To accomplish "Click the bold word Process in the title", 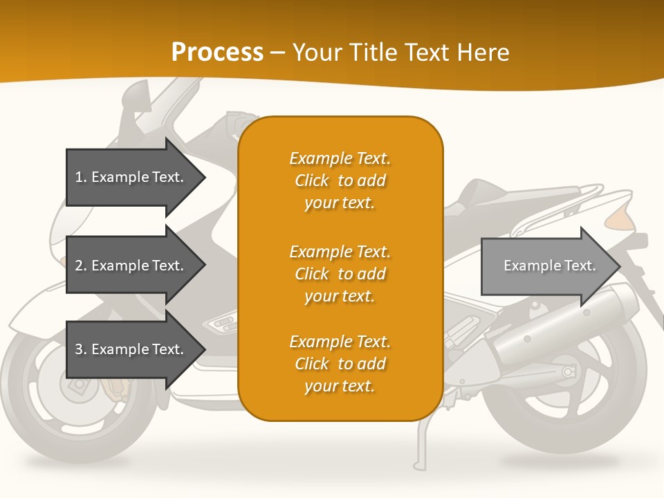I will pyautogui.click(x=217, y=53).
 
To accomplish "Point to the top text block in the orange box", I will pyautogui.click(x=340, y=181).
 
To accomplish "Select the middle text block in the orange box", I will pyautogui.click(x=340, y=274).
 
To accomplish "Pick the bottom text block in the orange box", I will pyautogui.click(x=340, y=364).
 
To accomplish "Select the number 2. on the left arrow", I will pyautogui.click(x=81, y=266).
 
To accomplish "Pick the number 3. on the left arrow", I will pyautogui.click(x=81, y=349).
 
